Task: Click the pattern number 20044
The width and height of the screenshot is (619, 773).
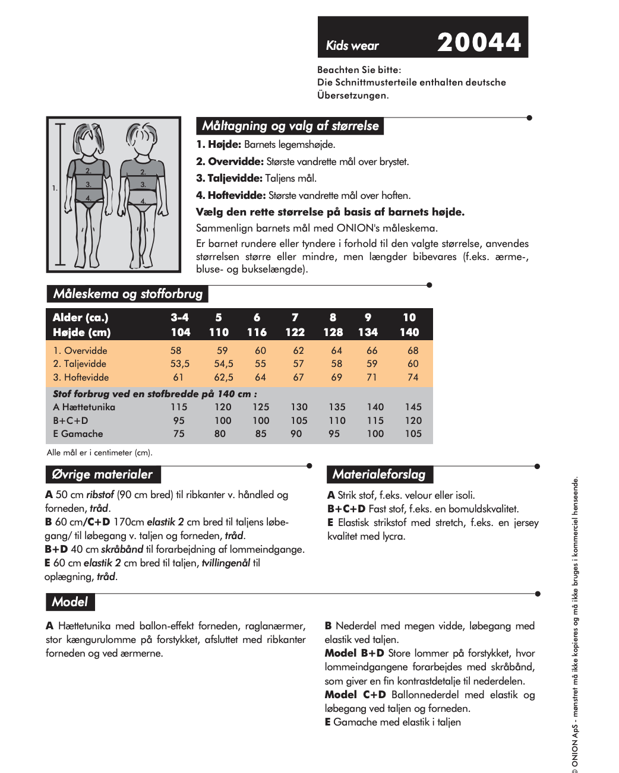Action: tap(479, 42)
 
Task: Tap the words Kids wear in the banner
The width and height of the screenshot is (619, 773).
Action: tap(352, 46)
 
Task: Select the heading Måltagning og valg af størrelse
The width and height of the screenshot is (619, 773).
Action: tap(290, 126)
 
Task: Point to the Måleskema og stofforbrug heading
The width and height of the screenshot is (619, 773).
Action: tap(128, 294)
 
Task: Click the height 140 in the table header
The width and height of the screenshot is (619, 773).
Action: tap(409, 332)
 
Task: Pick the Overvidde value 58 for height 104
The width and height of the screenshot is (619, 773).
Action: tap(176, 351)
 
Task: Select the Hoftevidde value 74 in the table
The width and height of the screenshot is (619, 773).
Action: tap(413, 378)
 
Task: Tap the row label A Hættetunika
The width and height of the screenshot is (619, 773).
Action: tap(84, 407)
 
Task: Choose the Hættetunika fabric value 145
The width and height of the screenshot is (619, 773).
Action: tap(413, 407)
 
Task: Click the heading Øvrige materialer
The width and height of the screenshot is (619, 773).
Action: tap(102, 474)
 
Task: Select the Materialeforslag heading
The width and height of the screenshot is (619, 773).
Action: tap(379, 474)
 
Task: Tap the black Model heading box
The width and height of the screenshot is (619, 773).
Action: tap(70, 602)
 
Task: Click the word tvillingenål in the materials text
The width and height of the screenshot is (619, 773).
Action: tap(226, 563)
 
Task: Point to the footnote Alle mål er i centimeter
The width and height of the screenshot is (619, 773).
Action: tap(99, 452)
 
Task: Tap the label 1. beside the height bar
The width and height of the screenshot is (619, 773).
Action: tap(55, 188)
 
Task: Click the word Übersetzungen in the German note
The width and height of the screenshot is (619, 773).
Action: tap(352, 96)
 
